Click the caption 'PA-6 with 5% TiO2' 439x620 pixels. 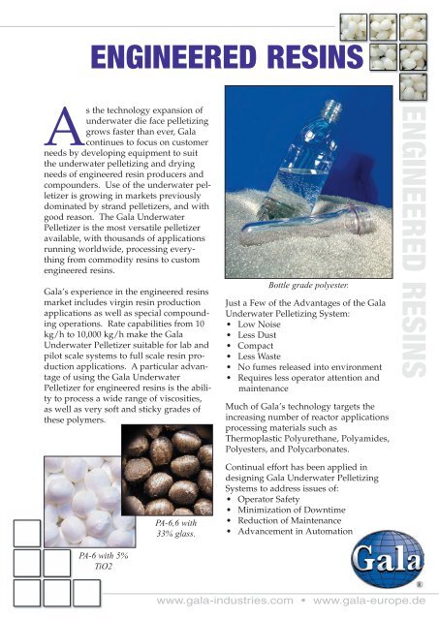click(x=100, y=562)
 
